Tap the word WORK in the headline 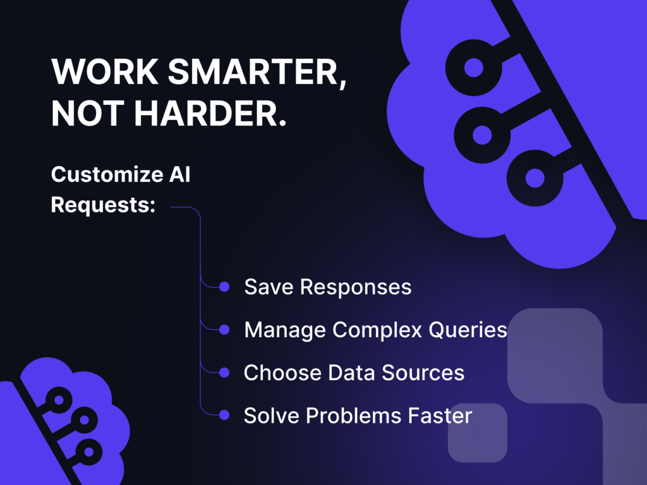[105, 72]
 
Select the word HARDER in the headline [210, 113]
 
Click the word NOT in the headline [88, 113]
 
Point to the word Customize [107, 175]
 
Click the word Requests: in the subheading [103, 205]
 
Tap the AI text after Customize [179, 174]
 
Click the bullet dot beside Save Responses [224, 287]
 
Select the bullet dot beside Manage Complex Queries [224, 330]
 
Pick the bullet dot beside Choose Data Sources [224, 373]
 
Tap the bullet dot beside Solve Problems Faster [224, 415]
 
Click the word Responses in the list [356, 287]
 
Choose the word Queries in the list [468, 330]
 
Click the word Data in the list [351, 373]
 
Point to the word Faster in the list [440, 416]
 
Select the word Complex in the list [377, 330]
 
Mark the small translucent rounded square [478, 433]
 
